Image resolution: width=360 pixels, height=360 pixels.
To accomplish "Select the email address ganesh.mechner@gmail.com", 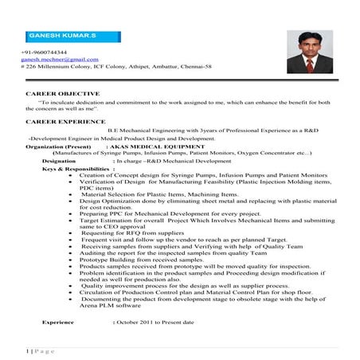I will point(60,59).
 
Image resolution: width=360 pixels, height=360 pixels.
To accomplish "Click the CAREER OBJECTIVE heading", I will point(57,94).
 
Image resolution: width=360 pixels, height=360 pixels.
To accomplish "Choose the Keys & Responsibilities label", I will point(74,170).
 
